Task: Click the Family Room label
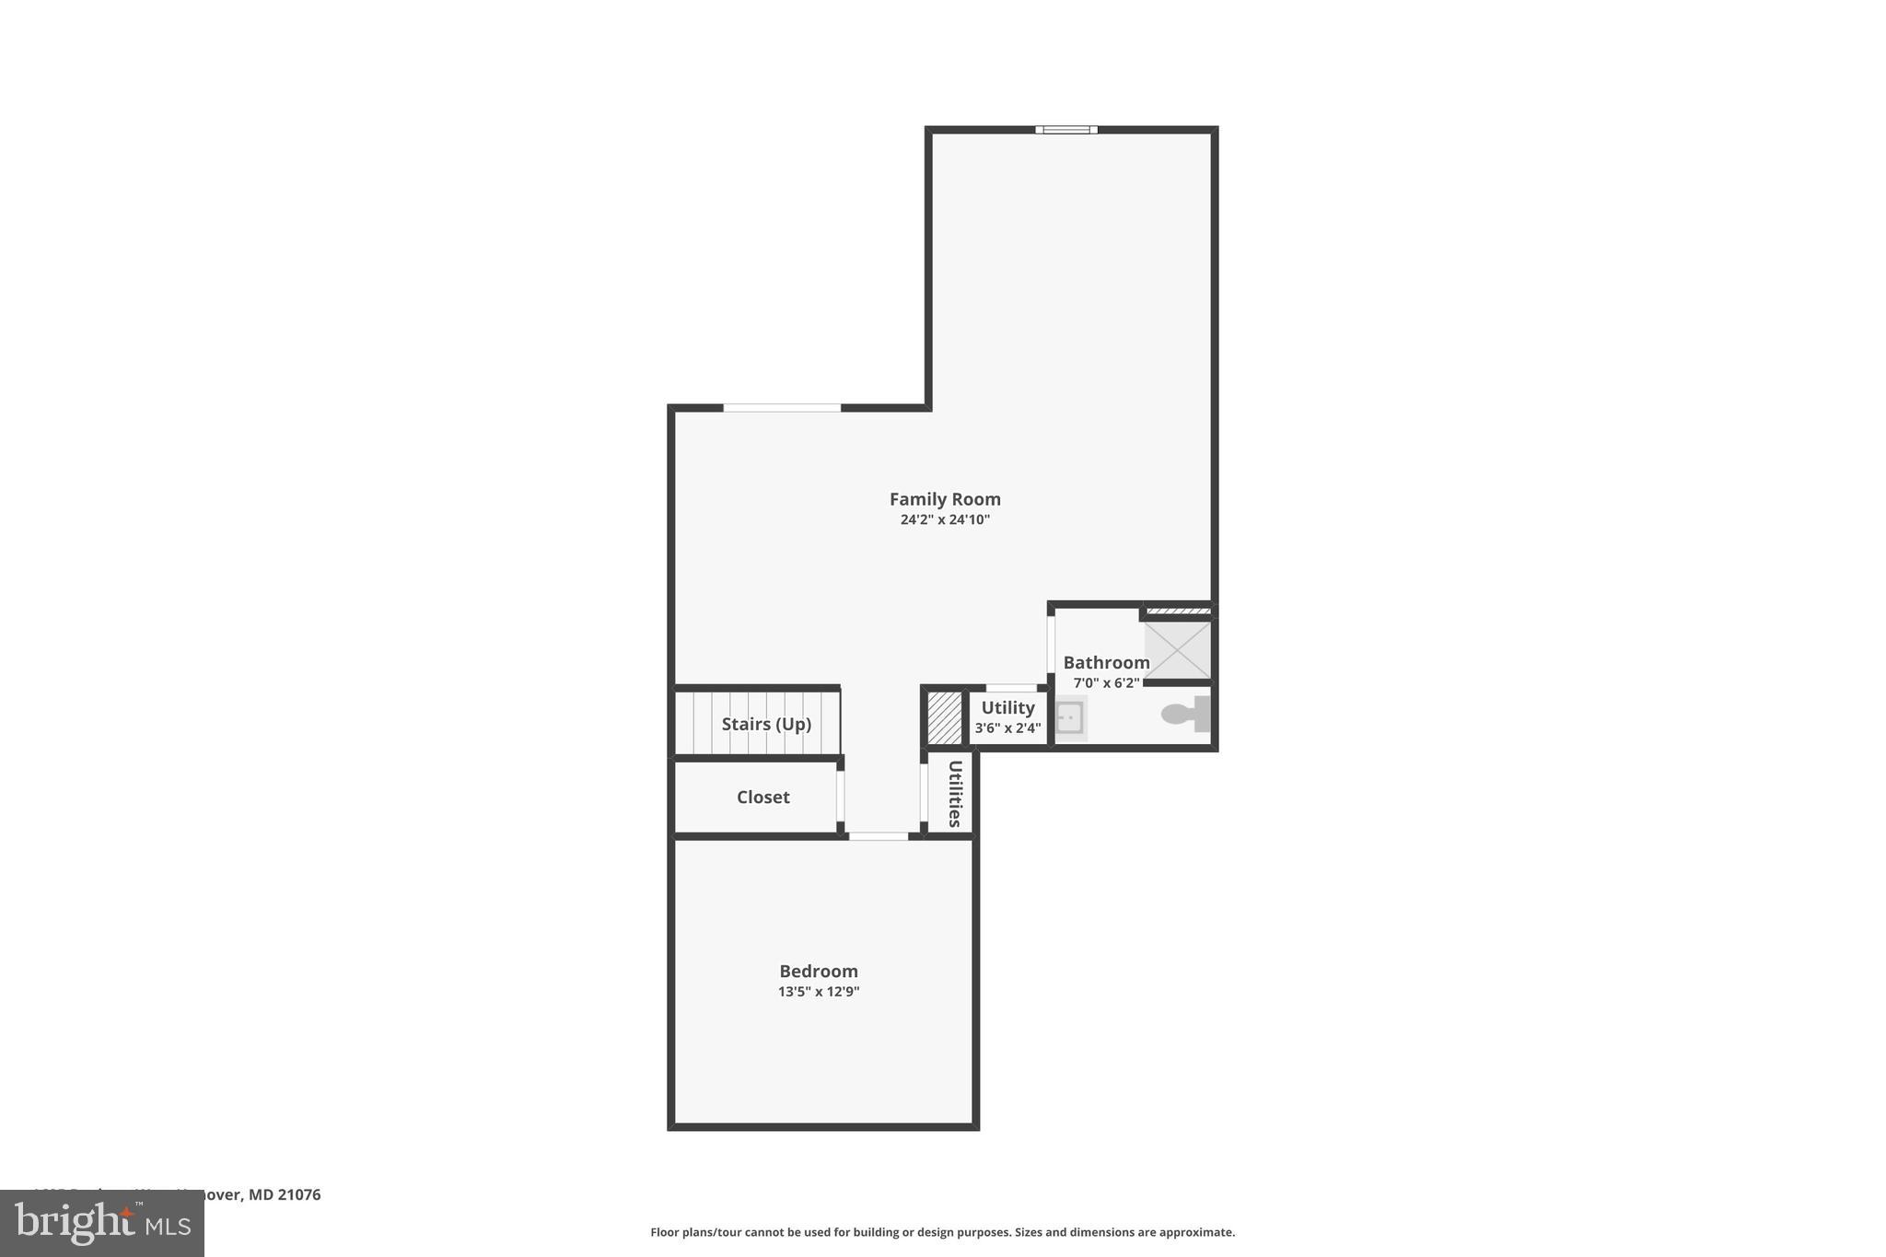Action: [945, 499]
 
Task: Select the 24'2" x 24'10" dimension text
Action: [945, 520]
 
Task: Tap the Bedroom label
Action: [819, 972]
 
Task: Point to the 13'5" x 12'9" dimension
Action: [819, 993]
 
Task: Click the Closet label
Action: [763, 797]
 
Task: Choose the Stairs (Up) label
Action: [766, 725]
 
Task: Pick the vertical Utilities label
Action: [955, 794]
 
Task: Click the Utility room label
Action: [1007, 708]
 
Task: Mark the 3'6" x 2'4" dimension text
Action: [1007, 728]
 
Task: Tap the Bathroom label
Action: [1106, 663]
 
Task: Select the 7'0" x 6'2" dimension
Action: [1106, 683]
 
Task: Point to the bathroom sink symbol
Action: [1069, 717]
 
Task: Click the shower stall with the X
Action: [1177, 650]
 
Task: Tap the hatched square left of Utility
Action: [944, 717]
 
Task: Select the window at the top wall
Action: [1065, 130]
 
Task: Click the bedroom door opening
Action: [878, 836]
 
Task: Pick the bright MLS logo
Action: [102, 1224]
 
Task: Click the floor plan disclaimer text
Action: [942, 1232]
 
